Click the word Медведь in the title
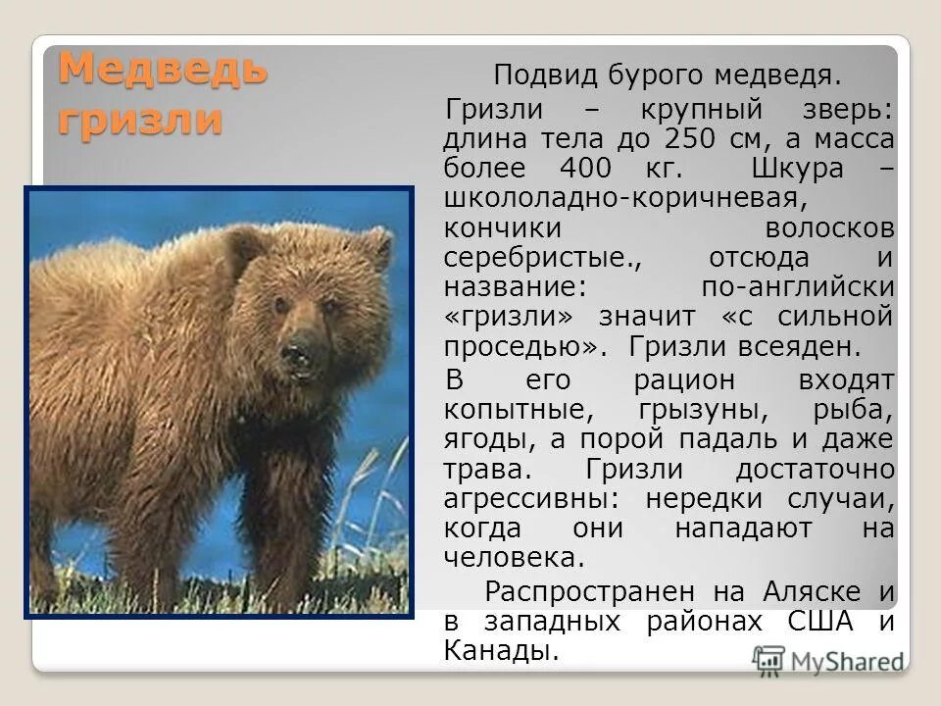point(162,71)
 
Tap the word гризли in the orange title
point(139,120)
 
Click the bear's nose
point(298,350)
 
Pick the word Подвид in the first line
point(539,75)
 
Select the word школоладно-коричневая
point(625,197)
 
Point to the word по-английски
point(798,287)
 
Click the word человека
point(514,558)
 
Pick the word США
point(821,621)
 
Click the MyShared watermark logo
point(828,660)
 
